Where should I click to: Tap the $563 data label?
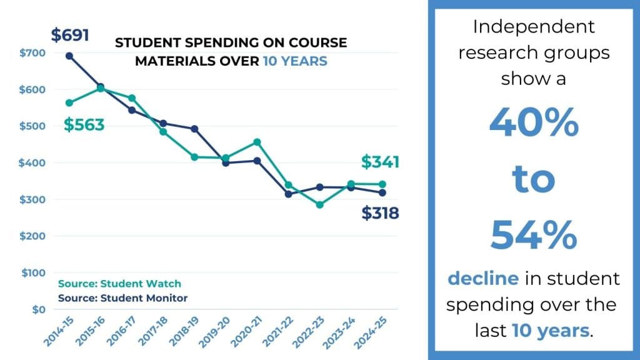click(84, 125)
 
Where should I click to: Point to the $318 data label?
click(380, 214)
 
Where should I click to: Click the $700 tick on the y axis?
click(32, 52)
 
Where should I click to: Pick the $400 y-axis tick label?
click(32, 162)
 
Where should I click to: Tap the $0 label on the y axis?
click(37, 309)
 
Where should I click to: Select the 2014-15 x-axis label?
click(57, 330)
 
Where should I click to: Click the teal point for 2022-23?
click(319, 204)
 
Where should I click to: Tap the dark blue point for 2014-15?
click(69, 56)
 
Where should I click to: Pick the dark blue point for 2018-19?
click(194, 129)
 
